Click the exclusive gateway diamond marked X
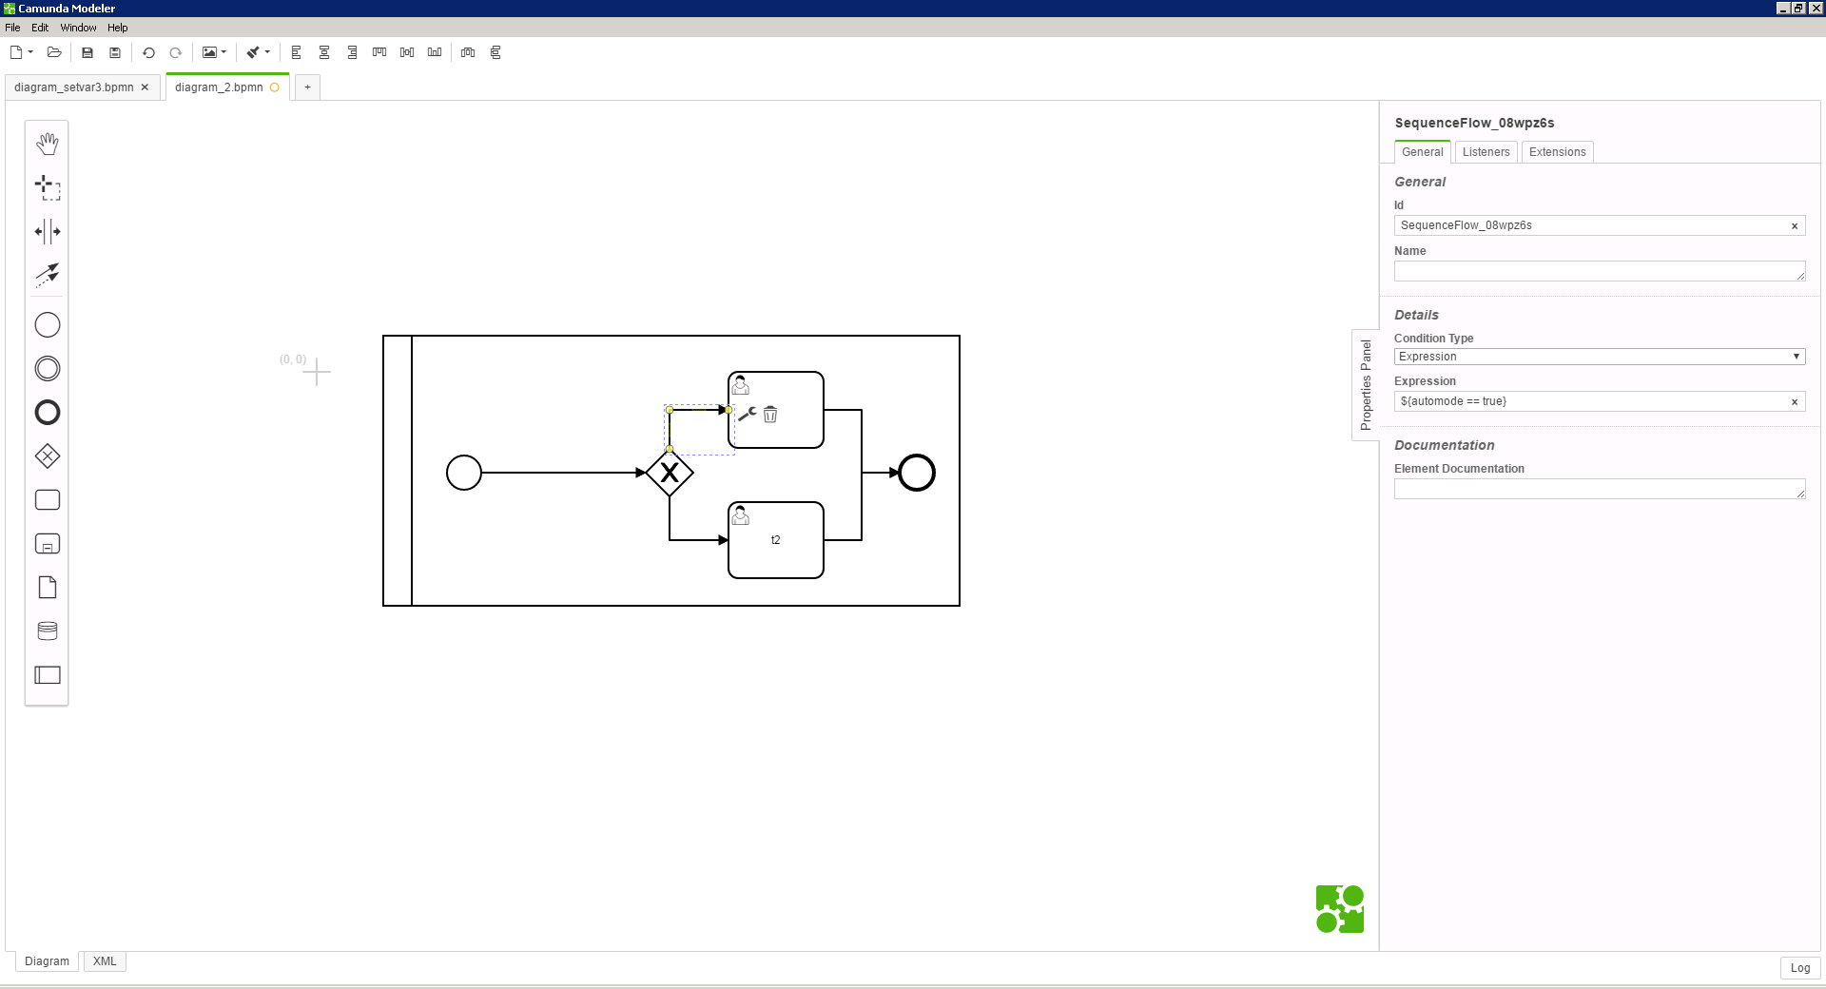pyautogui.click(x=670, y=473)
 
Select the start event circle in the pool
pyautogui.click(x=464, y=473)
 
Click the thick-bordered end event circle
pyautogui.click(x=917, y=473)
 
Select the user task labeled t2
pyautogui.click(x=776, y=540)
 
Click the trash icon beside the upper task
pyautogui.click(x=770, y=414)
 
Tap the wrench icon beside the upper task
pyautogui.click(x=748, y=414)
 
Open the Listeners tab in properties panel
pyautogui.click(x=1486, y=152)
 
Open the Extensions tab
pyautogui.click(x=1557, y=152)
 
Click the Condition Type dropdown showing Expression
pyautogui.click(x=1600, y=357)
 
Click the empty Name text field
pyautogui.click(x=1600, y=271)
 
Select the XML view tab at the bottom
pyautogui.click(x=105, y=961)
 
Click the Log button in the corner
pyautogui.click(x=1800, y=968)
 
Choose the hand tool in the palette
pyautogui.click(x=48, y=144)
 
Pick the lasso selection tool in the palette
pyautogui.click(x=48, y=187)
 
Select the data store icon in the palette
pyautogui.click(x=48, y=630)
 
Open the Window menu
pyautogui.click(x=78, y=28)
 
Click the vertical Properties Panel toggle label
pyautogui.click(x=1366, y=385)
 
